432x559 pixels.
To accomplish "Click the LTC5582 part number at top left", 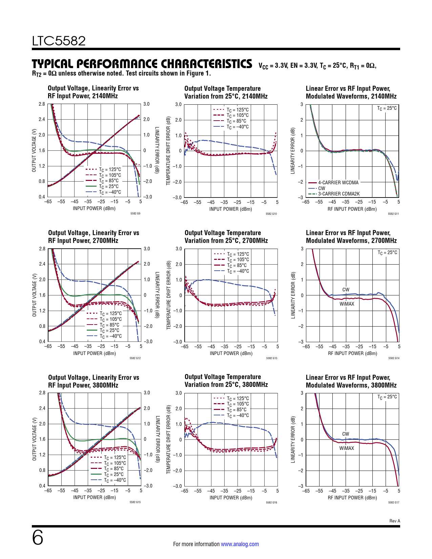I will tap(59, 41).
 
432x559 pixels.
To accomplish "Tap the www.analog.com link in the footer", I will tap(240, 544).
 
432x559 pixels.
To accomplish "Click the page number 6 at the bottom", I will tap(38, 538).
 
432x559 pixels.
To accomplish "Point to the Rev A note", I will tap(394, 521).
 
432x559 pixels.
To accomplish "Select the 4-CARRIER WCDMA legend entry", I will tap(338, 183).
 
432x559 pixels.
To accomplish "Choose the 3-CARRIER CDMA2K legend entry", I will tap(338, 194).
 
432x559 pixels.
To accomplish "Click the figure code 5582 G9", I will tap(135, 213).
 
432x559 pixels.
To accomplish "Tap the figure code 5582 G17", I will tap(393, 502).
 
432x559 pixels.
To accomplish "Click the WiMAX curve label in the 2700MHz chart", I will tap(347, 304).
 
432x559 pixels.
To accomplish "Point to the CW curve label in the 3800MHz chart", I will tap(345, 434).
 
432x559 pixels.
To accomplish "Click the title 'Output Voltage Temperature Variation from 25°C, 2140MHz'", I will tap(226, 92).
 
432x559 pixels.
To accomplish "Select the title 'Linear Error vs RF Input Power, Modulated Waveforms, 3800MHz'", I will tap(351, 381).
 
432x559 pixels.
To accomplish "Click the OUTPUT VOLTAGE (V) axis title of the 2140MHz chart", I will tap(34, 150).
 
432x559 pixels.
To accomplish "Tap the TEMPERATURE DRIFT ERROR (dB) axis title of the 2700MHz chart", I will tap(168, 295).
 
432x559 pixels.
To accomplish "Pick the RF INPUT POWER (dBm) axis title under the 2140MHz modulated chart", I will tap(352, 209).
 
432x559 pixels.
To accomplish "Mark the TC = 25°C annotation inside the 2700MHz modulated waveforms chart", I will tap(387, 252).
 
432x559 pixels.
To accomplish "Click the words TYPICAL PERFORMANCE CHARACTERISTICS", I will tap(142, 64).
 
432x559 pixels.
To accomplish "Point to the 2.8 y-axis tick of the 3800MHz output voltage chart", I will tap(42, 393).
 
